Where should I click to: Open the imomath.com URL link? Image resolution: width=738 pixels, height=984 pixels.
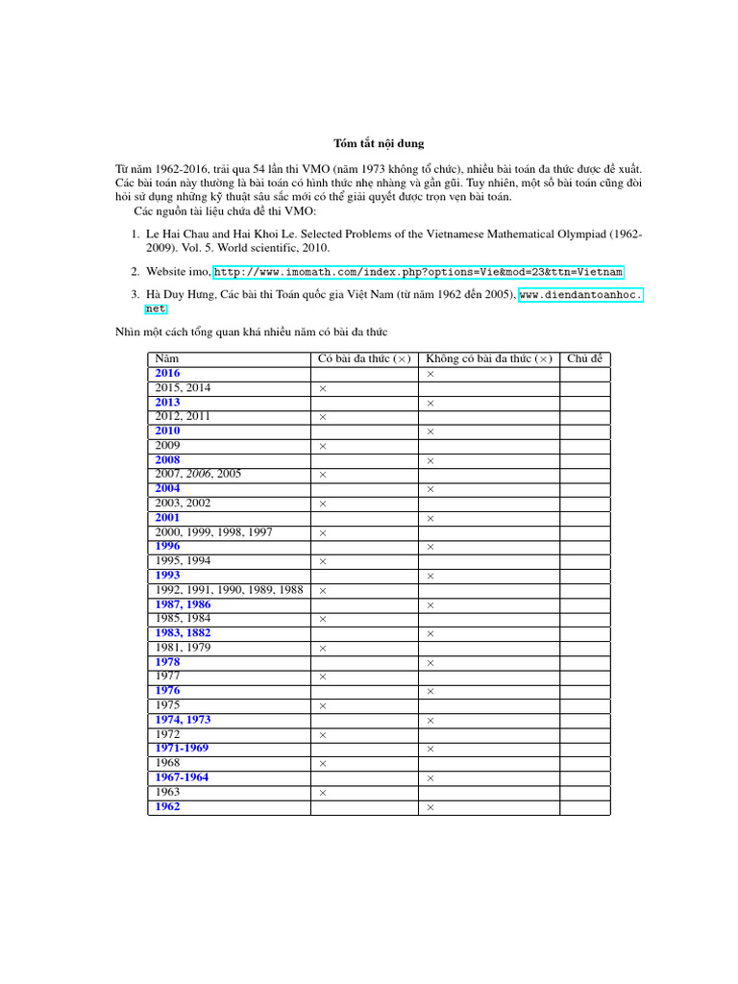click(418, 272)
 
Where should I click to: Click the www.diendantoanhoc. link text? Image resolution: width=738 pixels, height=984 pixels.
click(580, 294)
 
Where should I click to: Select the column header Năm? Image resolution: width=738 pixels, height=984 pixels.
click(166, 358)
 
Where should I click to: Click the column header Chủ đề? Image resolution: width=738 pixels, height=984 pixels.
click(584, 358)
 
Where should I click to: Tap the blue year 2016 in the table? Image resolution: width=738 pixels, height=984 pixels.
click(167, 373)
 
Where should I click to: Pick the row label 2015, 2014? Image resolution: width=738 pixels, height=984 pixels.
click(183, 387)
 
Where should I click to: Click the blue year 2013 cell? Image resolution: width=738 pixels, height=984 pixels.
click(167, 402)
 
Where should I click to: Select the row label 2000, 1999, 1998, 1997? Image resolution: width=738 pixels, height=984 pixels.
click(213, 531)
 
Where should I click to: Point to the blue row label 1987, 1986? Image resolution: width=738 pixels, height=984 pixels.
click(183, 604)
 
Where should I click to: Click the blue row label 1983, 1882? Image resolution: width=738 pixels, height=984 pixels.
click(183, 633)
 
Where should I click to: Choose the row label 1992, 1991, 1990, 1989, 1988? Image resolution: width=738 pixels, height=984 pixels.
click(229, 589)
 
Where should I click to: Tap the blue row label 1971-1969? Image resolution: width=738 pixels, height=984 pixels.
click(182, 748)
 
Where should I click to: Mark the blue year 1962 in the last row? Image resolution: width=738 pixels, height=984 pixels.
click(167, 807)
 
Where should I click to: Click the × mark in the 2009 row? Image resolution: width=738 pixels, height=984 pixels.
click(323, 447)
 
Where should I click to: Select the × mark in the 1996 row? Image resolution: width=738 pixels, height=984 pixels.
click(430, 548)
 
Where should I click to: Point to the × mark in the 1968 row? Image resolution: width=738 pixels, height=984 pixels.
click(323, 764)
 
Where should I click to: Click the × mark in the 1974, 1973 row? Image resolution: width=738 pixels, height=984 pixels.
click(430, 721)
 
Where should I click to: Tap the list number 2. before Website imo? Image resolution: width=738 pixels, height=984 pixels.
click(136, 272)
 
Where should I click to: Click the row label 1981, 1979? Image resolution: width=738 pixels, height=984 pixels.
click(183, 648)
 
